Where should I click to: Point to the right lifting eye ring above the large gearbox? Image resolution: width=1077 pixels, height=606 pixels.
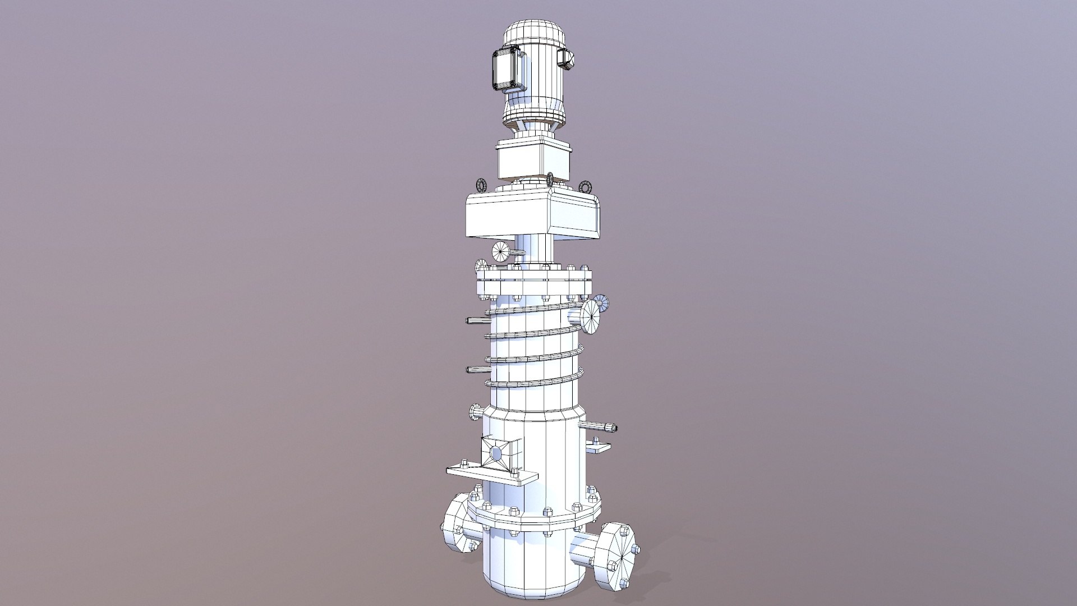586,186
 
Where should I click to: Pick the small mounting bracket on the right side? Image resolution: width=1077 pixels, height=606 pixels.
599,447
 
